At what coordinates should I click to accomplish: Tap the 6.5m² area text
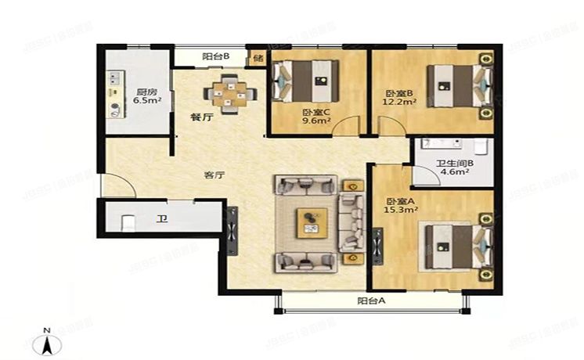pos(146,100)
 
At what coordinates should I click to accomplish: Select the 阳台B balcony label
pos(214,56)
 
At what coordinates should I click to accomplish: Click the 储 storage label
pos(258,58)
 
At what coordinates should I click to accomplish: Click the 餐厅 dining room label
pos(202,118)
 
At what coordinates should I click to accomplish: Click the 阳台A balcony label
pos(371,301)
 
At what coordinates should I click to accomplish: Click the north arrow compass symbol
pos(48,342)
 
